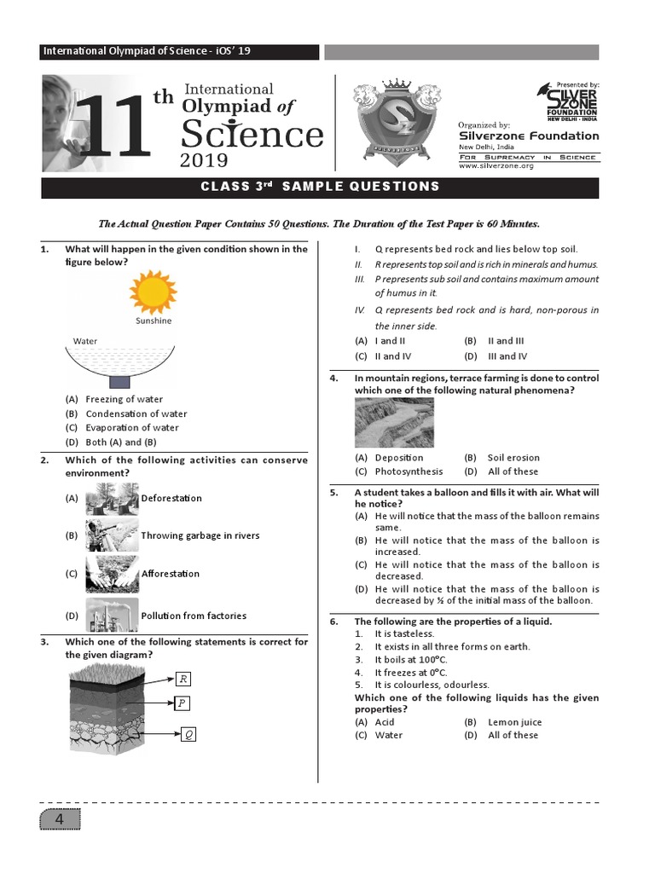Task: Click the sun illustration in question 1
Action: click(x=153, y=292)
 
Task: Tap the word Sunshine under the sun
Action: click(x=154, y=321)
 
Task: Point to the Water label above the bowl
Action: click(x=85, y=341)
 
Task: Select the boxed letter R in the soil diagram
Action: click(x=183, y=679)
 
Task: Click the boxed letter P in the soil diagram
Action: click(x=183, y=703)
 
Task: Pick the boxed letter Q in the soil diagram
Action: click(x=188, y=734)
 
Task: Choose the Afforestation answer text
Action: click(x=170, y=574)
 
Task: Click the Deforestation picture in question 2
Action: click(x=112, y=498)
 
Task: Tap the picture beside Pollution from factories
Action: click(x=112, y=615)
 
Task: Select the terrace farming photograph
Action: click(x=394, y=423)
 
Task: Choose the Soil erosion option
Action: click(x=513, y=458)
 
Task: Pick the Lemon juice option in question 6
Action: click(x=514, y=722)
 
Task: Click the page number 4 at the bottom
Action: click(x=60, y=820)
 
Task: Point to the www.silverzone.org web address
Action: click(x=496, y=166)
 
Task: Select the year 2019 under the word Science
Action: click(x=204, y=160)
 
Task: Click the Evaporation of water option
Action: click(x=132, y=428)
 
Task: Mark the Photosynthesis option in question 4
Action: click(x=409, y=471)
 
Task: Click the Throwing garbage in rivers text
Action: click(x=200, y=536)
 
